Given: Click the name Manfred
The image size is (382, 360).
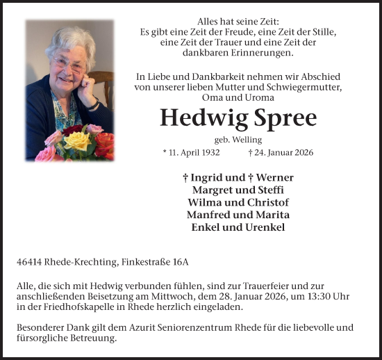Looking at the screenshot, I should (x=210, y=215).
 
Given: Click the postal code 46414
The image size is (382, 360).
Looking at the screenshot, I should (x=31, y=262).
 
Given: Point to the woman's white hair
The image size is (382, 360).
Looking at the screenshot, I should (x=69, y=38).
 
